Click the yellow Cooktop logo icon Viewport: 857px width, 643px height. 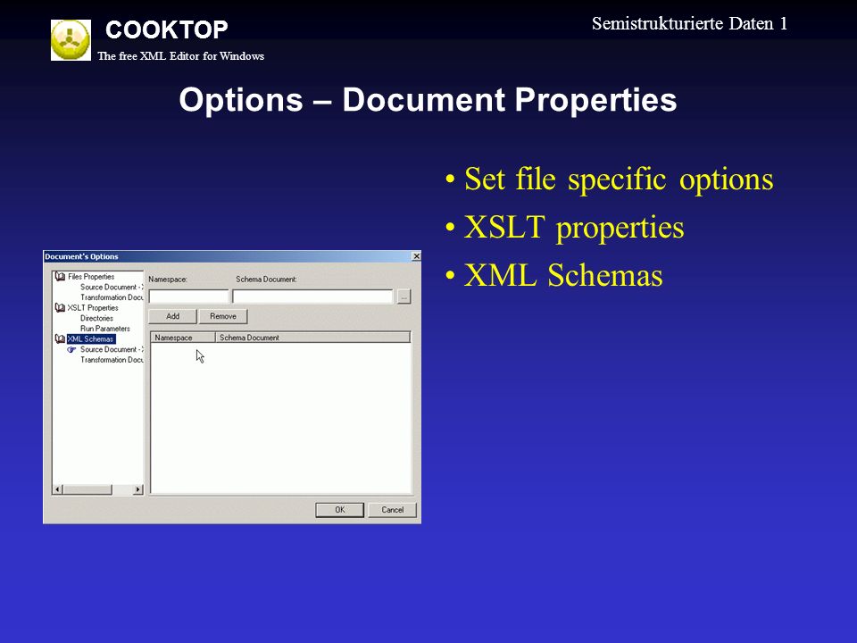71,40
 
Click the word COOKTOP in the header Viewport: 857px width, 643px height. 167,29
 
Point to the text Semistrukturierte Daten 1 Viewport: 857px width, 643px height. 689,23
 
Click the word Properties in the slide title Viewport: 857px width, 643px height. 595,100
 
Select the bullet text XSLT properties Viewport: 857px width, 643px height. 574,227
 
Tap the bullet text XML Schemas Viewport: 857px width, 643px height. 563,274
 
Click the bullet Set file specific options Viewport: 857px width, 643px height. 619,179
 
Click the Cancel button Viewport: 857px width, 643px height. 393,510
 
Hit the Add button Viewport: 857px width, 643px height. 172,316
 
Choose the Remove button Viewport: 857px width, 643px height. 223,316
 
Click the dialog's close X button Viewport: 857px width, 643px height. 416,256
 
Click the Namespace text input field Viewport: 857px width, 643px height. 188,296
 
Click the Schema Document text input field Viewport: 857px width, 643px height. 312,296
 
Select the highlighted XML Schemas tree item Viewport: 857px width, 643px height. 91,339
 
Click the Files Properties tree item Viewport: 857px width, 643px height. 91,277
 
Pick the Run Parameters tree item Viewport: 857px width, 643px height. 105,329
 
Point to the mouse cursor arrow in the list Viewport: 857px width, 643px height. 199,356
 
